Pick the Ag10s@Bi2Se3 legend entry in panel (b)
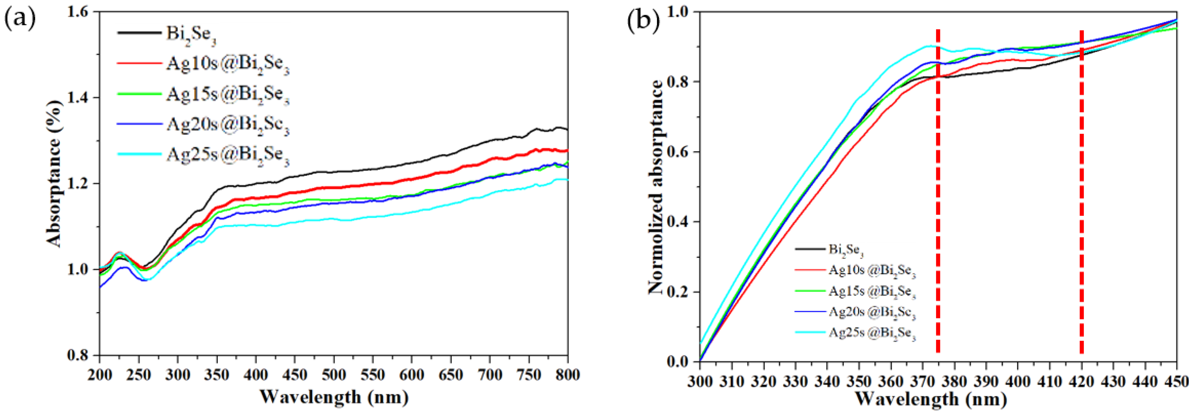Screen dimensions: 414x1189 [872, 271]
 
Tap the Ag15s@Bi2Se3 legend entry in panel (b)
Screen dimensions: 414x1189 [872, 292]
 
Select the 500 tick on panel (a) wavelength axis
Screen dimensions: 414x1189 [334, 375]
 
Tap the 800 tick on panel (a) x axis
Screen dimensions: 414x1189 [567, 375]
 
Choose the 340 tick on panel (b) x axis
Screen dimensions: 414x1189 [827, 381]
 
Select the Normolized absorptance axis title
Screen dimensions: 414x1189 [656, 187]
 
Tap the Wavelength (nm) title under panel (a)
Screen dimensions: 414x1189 [334, 396]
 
